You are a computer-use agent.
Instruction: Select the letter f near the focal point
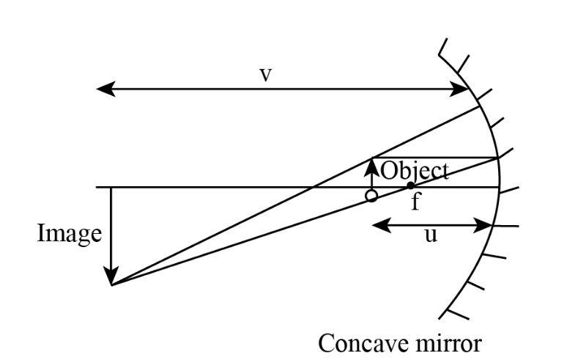pos(415,201)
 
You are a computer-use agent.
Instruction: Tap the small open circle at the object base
pos(371,196)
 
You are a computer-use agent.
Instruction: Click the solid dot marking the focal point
pos(410,185)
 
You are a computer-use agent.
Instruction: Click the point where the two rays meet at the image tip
pos(112,284)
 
